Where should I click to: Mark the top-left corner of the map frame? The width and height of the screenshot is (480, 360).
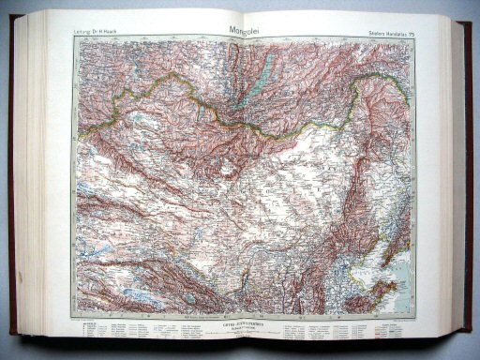coord(74,39)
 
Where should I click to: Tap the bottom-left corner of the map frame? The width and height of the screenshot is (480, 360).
coord(75,317)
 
